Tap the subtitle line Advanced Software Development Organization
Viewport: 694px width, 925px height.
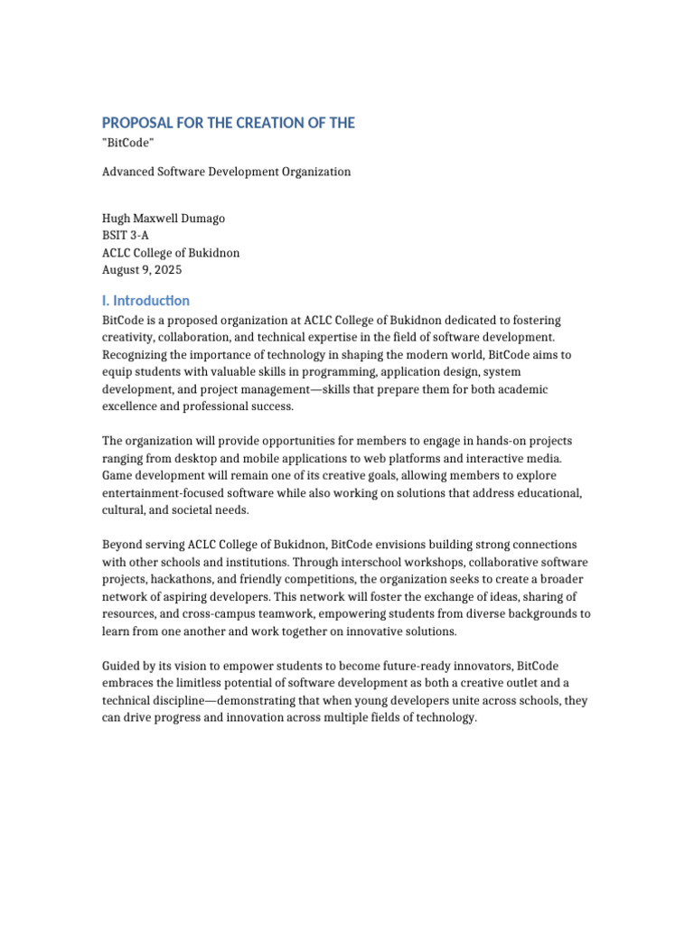pos(226,172)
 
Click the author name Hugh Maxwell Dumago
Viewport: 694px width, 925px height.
pos(162,219)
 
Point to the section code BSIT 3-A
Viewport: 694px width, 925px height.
pos(126,236)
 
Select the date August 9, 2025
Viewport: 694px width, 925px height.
pos(142,270)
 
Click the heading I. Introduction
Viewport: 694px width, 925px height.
pos(145,301)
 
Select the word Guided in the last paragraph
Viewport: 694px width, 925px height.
pos(121,666)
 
